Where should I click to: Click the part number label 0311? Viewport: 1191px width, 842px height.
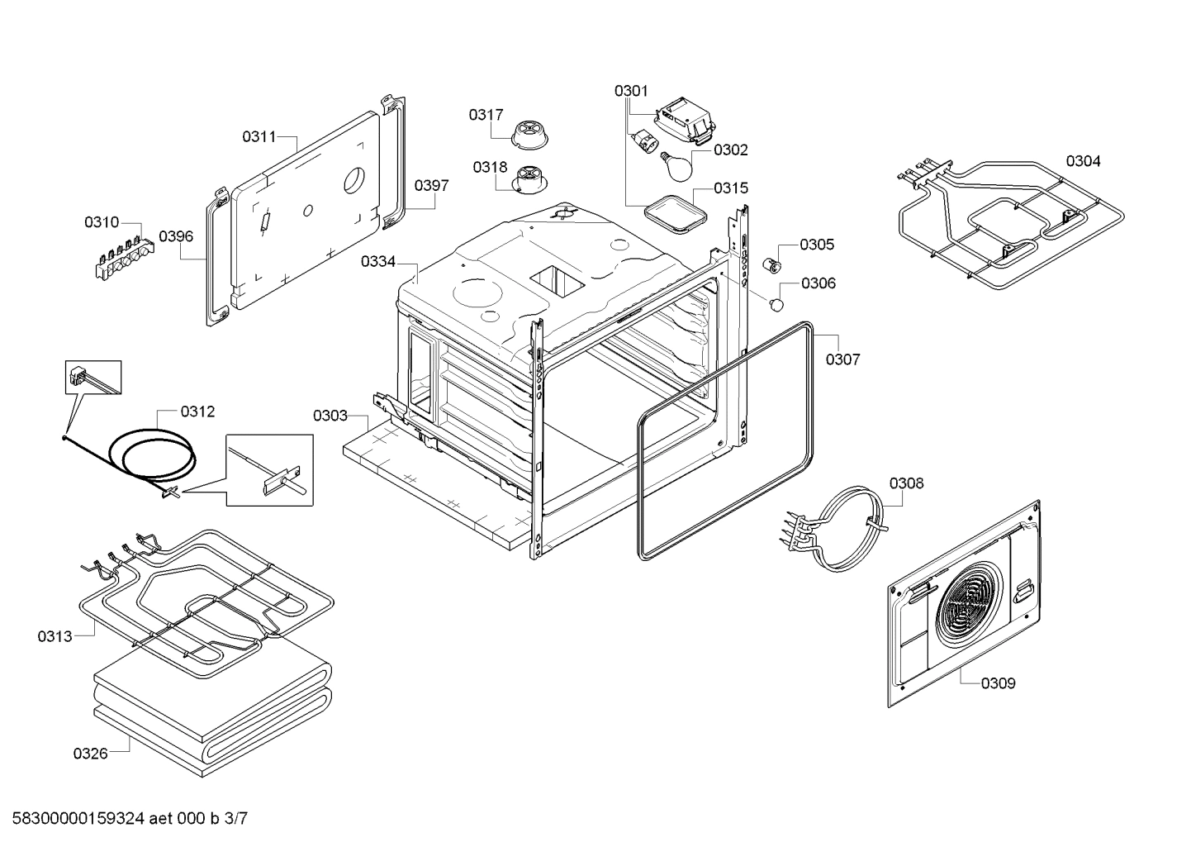[x=259, y=137]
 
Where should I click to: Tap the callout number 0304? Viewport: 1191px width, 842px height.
[x=1082, y=161]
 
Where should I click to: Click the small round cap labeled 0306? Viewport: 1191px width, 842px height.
[x=776, y=305]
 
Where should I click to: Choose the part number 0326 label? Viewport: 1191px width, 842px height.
[x=90, y=754]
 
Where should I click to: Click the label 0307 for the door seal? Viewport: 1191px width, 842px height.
[x=842, y=359]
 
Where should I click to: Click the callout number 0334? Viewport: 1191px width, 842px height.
[x=377, y=262]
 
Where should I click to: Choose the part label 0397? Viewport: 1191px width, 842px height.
[x=431, y=186]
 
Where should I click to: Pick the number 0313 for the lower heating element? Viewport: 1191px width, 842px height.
[x=55, y=636]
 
